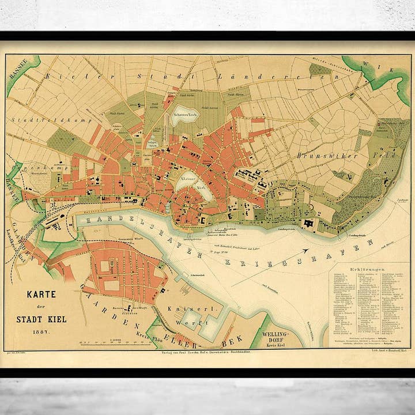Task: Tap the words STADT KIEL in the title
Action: (x=41, y=319)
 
